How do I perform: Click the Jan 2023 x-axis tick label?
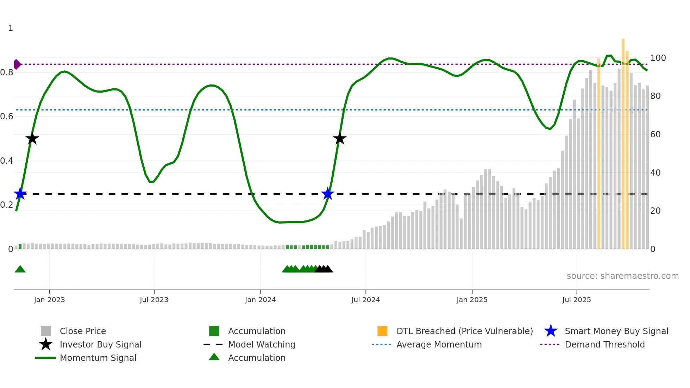[x=49, y=300]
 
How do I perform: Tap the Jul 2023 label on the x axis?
[x=154, y=300]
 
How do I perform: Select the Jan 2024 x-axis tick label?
[x=260, y=300]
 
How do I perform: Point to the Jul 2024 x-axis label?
[x=365, y=300]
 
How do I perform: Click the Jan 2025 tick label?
[x=472, y=300]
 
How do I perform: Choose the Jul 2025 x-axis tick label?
[x=576, y=300]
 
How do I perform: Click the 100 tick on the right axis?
[x=658, y=58]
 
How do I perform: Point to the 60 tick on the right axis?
[x=655, y=134]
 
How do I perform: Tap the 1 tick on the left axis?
[x=11, y=28]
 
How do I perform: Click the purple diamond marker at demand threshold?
[x=17, y=64]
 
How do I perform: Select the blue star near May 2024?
[x=328, y=194]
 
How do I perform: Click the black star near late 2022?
[x=32, y=139]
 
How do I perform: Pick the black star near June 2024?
[x=340, y=139]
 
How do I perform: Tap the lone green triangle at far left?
[x=20, y=269]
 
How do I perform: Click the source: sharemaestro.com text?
[x=622, y=276]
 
